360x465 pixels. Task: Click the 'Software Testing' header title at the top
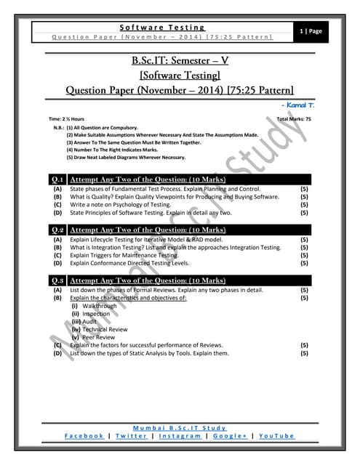161,26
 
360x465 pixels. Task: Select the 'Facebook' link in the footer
84,436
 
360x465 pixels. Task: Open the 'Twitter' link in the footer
132,436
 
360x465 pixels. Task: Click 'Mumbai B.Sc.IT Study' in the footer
180,427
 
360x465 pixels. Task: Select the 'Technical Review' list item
104,329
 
